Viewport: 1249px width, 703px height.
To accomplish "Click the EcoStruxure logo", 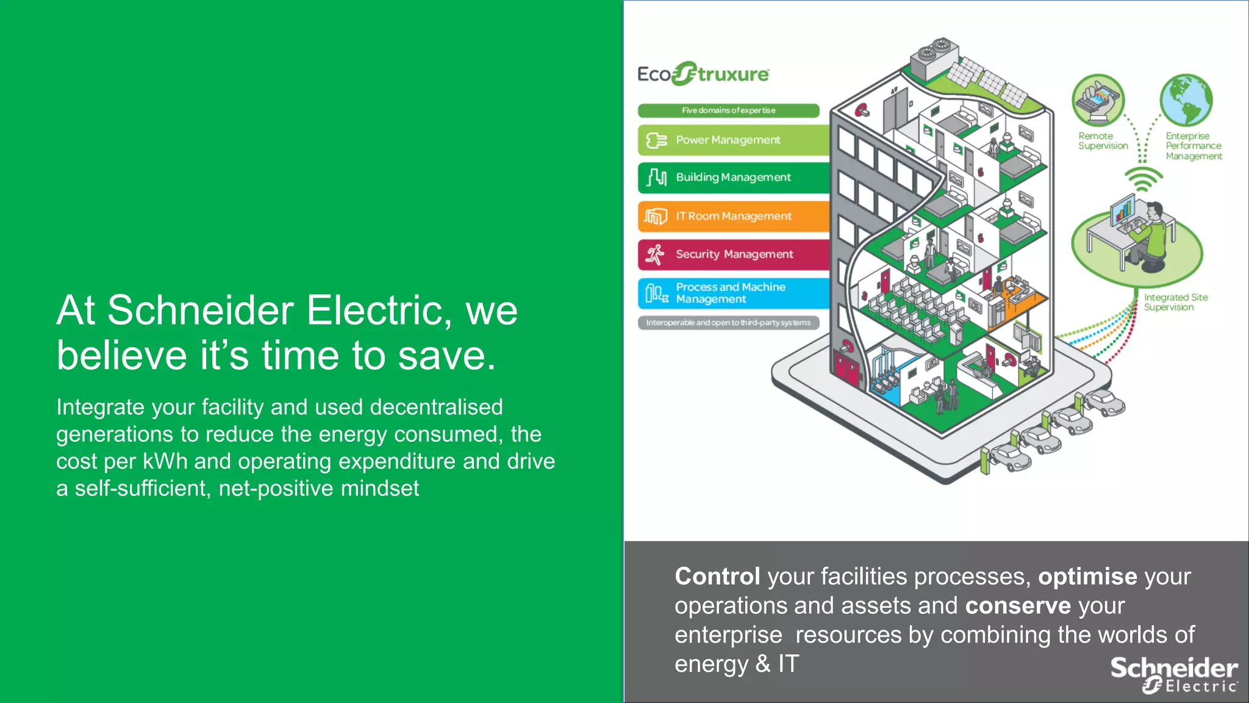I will pos(703,74).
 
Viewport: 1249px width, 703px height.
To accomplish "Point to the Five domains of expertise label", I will pos(728,110).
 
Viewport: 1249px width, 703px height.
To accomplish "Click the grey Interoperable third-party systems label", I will pos(728,323).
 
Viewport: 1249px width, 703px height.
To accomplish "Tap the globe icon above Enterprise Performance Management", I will pos(1186,99).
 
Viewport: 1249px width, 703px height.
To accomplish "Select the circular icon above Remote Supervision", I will pos(1098,99).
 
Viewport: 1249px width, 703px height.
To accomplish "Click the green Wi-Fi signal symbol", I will pos(1143,179).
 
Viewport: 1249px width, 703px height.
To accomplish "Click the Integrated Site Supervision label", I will pos(1175,302).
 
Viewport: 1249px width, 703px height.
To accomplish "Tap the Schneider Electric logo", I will pos(1174,675).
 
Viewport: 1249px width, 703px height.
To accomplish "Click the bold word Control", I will pos(717,577).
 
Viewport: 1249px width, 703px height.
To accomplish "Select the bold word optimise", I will pos(1087,577).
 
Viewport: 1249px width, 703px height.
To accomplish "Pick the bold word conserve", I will pos(1018,606).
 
